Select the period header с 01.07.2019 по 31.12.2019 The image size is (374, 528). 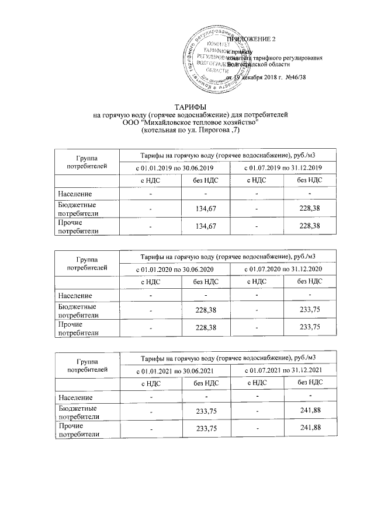coord(283,168)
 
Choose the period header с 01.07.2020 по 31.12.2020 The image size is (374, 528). coord(283,269)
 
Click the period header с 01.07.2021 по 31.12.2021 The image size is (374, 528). coord(283,370)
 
